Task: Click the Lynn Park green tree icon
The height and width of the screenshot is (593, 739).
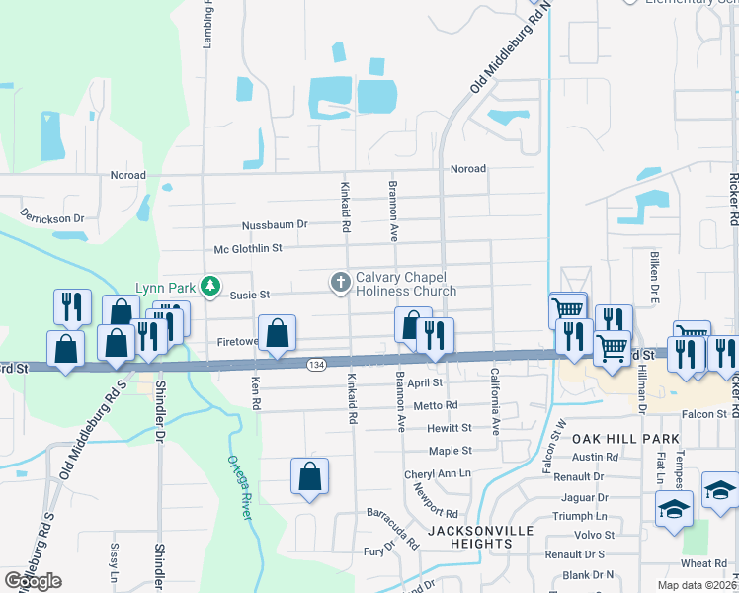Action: click(x=209, y=287)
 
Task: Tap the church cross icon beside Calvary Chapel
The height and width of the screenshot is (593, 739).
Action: click(x=340, y=284)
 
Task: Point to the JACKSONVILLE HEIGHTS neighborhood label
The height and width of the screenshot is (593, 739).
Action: click(x=480, y=539)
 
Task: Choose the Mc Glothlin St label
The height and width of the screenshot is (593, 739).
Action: click(x=242, y=249)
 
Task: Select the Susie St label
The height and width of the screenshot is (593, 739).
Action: click(x=250, y=295)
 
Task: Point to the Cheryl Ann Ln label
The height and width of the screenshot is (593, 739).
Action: click(x=438, y=474)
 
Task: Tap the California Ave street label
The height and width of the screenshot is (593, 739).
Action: click(x=495, y=403)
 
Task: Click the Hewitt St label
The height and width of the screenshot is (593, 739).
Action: click(x=450, y=429)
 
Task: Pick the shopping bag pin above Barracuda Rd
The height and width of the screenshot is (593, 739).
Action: click(x=310, y=476)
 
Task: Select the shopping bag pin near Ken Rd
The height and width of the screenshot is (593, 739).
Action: click(x=278, y=333)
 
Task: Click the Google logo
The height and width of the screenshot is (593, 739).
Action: click(x=33, y=581)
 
